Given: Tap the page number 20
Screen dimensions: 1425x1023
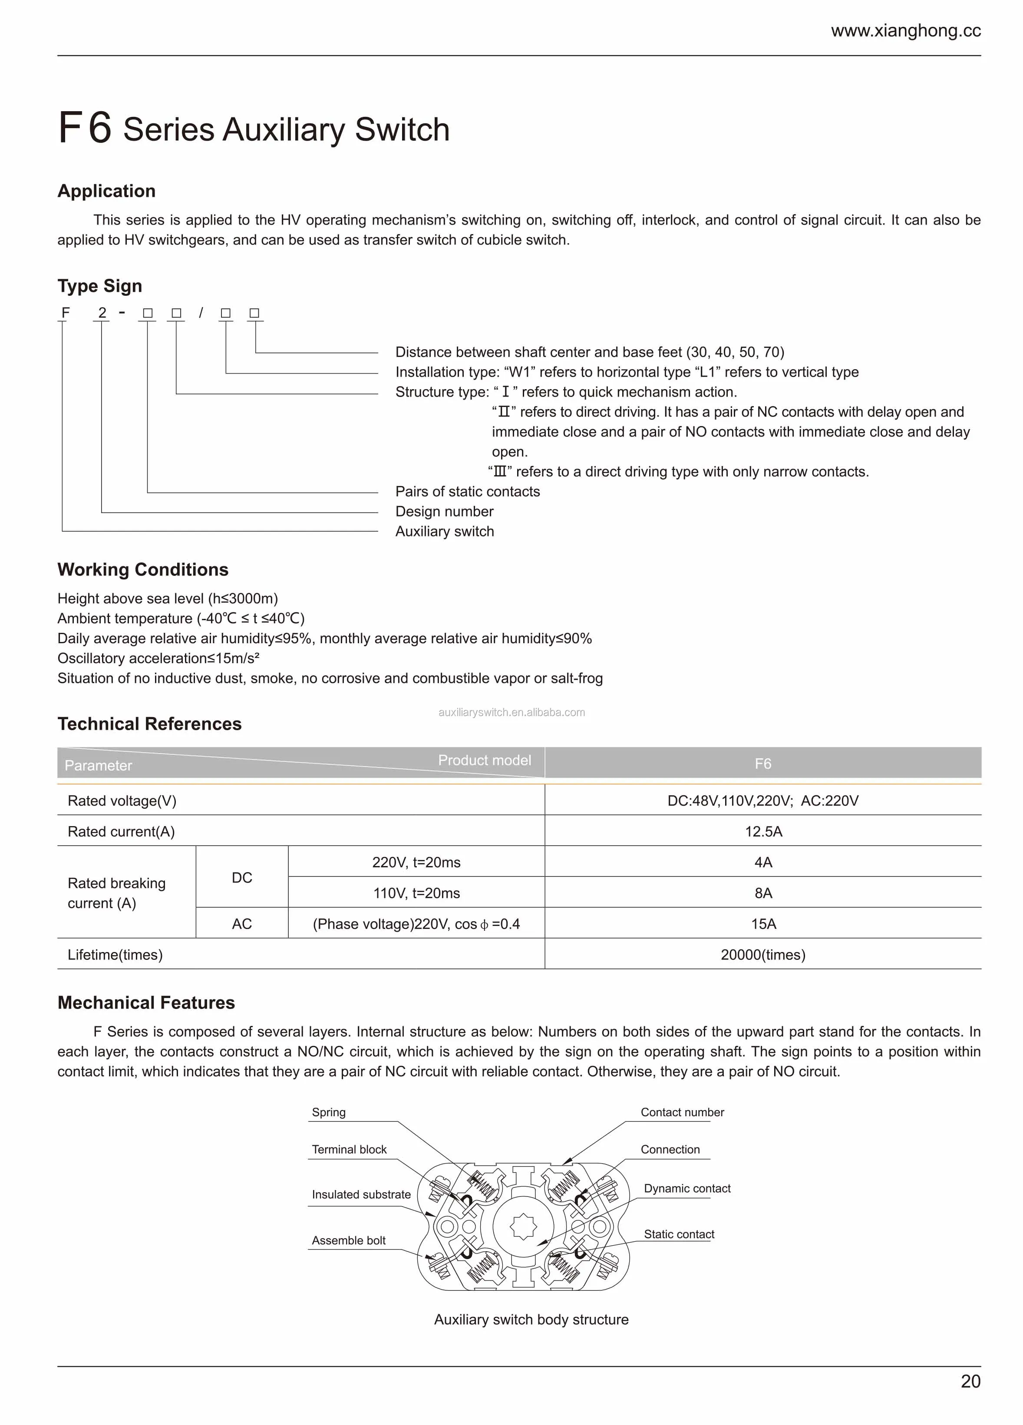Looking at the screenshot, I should click(x=970, y=1381).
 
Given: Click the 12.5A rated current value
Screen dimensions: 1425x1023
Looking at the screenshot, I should click(x=763, y=831).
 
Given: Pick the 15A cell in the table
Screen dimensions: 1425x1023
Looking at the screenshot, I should click(x=763, y=924).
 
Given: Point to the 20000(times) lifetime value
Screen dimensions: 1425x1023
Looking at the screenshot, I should click(x=763, y=954).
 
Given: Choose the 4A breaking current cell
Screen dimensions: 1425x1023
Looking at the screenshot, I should click(x=763, y=862).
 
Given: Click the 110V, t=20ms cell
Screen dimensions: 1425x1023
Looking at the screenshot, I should click(x=416, y=893).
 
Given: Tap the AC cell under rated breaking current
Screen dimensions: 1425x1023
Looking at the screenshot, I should click(x=242, y=924).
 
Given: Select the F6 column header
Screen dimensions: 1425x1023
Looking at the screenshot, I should click(x=763, y=764).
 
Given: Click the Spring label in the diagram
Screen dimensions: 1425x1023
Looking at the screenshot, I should click(x=328, y=1112).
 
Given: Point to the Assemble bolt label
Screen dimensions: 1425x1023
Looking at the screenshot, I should click(x=349, y=1240).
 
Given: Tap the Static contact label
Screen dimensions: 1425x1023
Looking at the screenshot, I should click(x=679, y=1234).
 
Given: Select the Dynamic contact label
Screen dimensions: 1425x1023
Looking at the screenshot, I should click(x=687, y=1188).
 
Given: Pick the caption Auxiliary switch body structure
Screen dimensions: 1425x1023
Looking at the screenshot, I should click(x=531, y=1319).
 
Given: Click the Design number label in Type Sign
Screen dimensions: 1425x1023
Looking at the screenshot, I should click(x=444, y=512).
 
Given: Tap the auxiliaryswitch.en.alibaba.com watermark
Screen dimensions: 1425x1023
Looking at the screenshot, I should click(x=511, y=712).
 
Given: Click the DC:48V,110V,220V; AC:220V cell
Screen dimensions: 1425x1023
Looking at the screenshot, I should click(x=763, y=800).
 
